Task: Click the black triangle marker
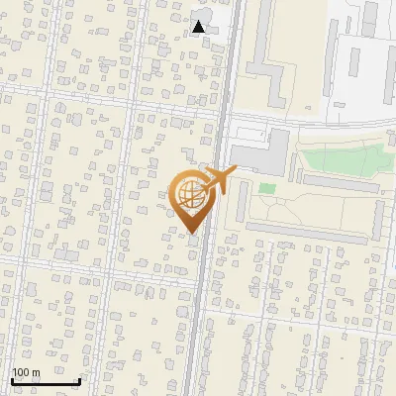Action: click(199, 26)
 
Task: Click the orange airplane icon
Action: click(218, 181)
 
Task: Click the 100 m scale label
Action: click(26, 372)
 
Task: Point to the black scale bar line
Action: click(46, 382)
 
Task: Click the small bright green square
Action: click(267, 188)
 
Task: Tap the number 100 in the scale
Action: click(21, 372)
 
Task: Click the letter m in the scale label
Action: click(36, 373)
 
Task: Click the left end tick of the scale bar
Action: click(12, 381)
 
